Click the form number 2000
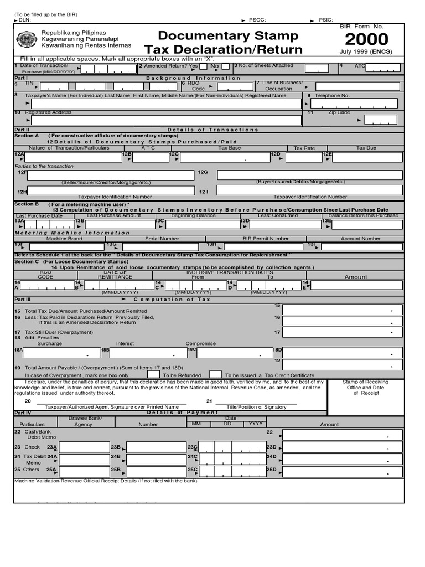click(366, 40)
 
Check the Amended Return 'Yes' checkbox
click(203, 68)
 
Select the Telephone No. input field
click(354, 103)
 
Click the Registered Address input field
click(166, 120)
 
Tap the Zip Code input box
click(380, 120)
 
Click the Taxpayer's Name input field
click(166, 103)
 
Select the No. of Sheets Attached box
click(316, 68)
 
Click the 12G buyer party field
click(309, 175)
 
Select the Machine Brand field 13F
click(64, 246)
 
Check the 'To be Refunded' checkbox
click(154, 374)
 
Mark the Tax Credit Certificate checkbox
click(215, 374)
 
